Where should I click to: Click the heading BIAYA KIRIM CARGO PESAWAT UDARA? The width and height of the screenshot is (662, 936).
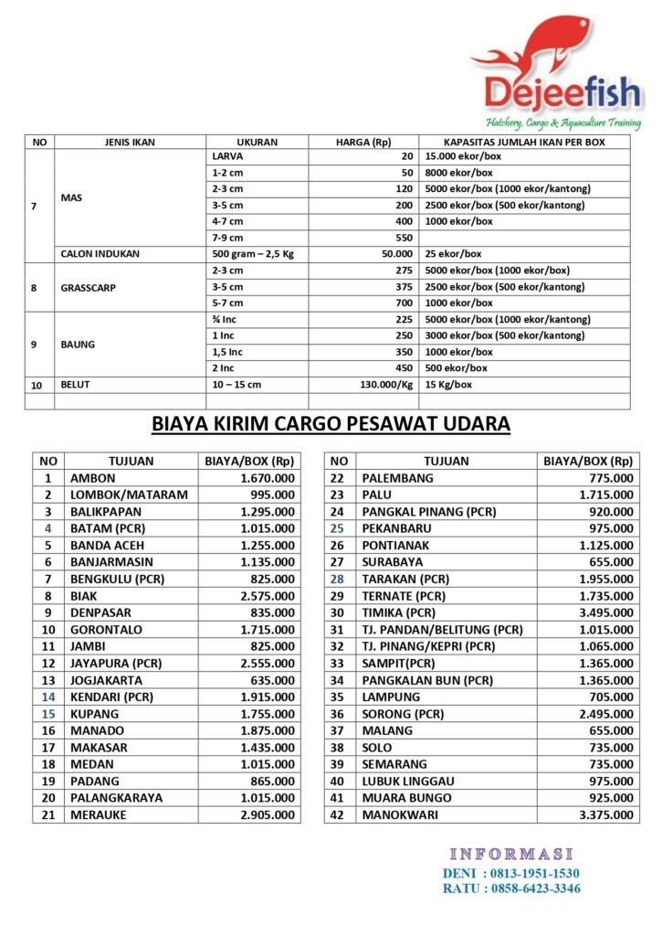(331, 424)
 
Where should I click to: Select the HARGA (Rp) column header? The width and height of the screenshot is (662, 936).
(363, 143)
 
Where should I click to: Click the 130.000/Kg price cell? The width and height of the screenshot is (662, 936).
(382, 385)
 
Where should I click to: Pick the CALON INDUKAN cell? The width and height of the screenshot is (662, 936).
(100, 254)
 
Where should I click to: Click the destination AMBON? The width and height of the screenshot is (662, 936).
(94, 478)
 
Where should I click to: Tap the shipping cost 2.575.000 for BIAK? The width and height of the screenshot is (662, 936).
(268, 596)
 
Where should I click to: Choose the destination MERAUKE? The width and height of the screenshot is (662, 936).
(99, 814)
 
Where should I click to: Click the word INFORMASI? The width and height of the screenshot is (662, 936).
(511, 854)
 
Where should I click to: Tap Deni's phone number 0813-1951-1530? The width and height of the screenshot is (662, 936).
(534, 873)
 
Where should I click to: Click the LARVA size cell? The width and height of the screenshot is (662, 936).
(227, 156)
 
